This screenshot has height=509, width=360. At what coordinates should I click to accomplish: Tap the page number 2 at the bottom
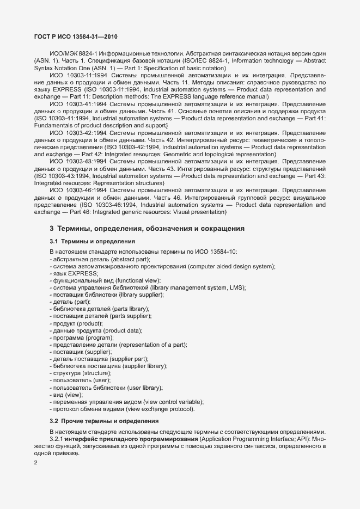pyautogui.click(x=36, y=463)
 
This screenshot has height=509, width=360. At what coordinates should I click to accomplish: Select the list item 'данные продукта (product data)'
pyautogui.click(x=96, y=330)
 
